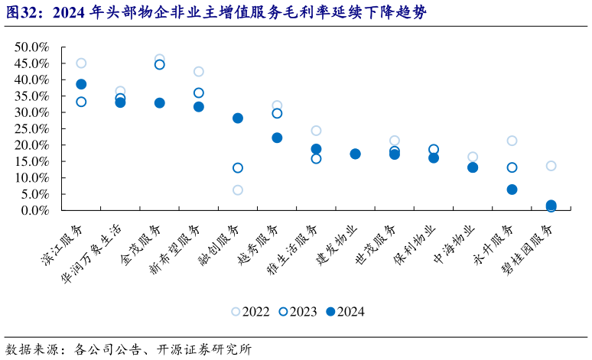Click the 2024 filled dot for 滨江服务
point(81,84)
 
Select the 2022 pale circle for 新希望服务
point(199,72)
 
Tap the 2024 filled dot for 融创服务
point(238,118)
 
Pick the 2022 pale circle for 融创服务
point(238,190)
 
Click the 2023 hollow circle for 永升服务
point(512,167)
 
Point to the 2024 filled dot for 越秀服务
point(277,138)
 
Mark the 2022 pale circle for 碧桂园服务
point(551,166)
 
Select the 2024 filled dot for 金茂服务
point(160,102)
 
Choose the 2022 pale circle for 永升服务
point(512,141)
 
